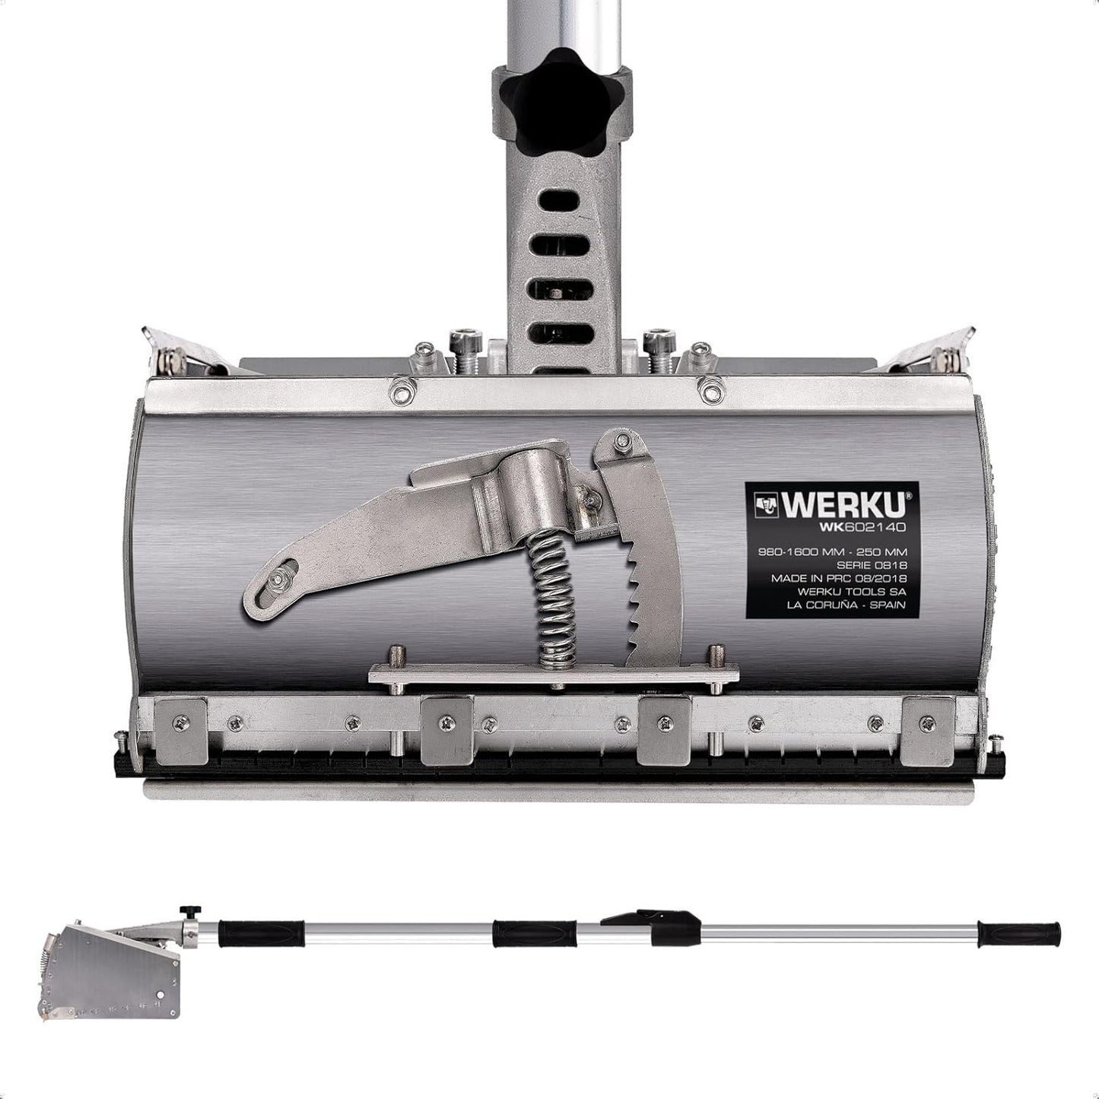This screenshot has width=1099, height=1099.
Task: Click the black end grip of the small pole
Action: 1020,932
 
